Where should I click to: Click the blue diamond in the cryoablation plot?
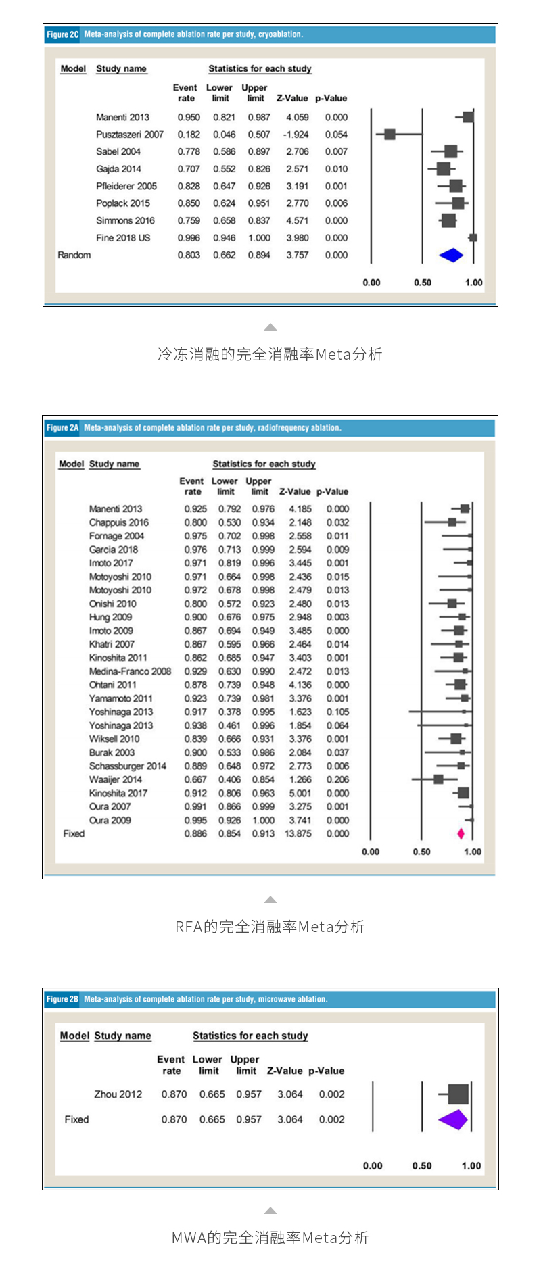point(451,255)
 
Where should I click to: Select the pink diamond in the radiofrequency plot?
point(461,833)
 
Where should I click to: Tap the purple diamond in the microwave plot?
point(453,1119)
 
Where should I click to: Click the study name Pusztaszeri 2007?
point(130,135)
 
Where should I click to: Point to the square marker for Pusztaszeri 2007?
point(390,135)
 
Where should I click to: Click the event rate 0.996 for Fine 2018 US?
point(189,238)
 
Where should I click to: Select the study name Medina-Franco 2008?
point(130,671)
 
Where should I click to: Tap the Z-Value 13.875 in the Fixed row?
point(298,833)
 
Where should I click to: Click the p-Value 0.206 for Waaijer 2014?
point(337,779)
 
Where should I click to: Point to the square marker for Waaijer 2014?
point(438,779)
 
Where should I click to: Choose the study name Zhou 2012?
point(118,1094)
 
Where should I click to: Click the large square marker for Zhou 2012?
point(458,1094)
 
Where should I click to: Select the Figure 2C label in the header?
point(62,34)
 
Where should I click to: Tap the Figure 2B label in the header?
point(62,999)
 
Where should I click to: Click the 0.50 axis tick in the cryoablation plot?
point(423,283)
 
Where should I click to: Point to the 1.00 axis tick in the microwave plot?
point(471,1166)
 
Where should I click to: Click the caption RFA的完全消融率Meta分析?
point(270,927)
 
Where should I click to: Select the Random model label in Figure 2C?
point(74,255)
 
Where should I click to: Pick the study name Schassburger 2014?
point(128,766)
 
